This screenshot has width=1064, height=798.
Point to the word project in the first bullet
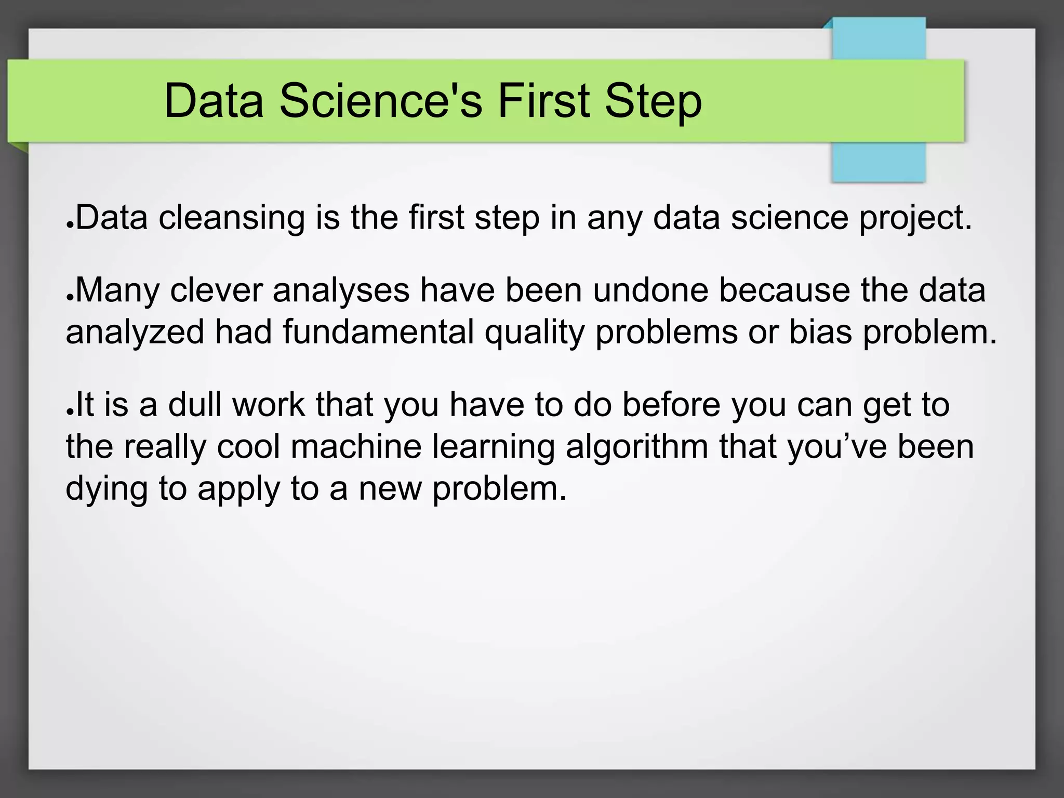(x=913, y=218)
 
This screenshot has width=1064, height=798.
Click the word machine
(x=356, y=446)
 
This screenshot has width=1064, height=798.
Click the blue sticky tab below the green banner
(x=879, y=162)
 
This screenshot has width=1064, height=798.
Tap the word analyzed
(x=135, y=332)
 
